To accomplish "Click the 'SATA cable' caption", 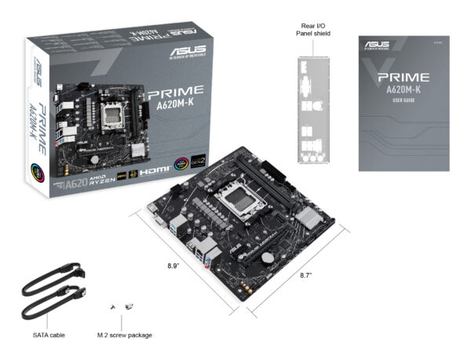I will (49, 335).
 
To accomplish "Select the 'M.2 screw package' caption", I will (125, 335).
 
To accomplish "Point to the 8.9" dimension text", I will (173, 266).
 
